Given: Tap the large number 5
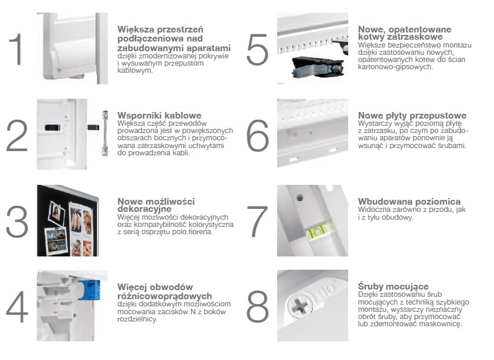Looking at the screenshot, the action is (257, 50).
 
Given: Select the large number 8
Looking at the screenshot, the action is (257, 306).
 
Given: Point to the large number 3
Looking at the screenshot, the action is (17, 222).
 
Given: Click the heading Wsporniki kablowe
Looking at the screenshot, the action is (160, 115).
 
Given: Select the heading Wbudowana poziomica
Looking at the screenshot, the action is (409, 201).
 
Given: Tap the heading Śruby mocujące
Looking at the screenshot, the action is (393, 287).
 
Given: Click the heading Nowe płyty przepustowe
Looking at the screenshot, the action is (412, 116).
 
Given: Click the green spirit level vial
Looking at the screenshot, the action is (319, 232).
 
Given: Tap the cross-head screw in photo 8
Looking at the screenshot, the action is (299, 305).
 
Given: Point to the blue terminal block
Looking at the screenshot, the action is (90, 290).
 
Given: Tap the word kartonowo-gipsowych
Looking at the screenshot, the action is (395, 67).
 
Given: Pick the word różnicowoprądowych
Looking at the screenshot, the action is (164, 296).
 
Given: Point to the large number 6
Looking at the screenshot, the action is (257, 135).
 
